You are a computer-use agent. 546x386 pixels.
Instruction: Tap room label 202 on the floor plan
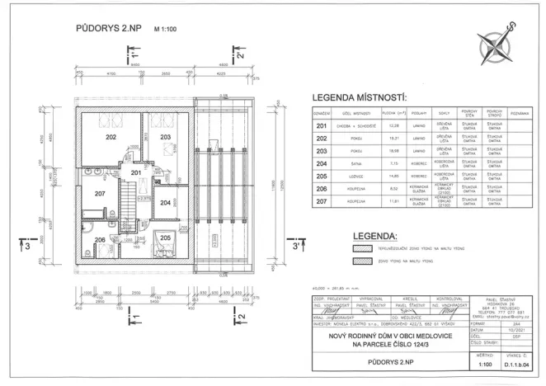tap(111, 139)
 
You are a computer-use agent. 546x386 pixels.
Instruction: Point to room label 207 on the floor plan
tap(99, 194)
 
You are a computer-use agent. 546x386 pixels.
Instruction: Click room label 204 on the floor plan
tap(165, 202)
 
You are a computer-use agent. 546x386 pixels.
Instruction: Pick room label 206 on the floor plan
tap(99, 240)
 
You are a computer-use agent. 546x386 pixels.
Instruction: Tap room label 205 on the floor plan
tap(165, 238)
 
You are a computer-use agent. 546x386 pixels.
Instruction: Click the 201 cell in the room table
tap(322, 125)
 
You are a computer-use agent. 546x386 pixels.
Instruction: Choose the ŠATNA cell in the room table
tap(355, 163)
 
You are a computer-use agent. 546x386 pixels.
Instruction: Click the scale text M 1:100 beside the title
tap(167, 28)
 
